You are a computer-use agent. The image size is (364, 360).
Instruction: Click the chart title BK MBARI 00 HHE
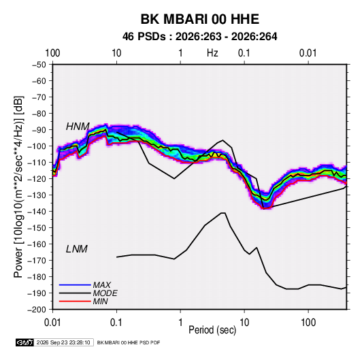(x=200, y=19)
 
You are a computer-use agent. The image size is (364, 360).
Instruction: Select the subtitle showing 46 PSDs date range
(x=199, y=37)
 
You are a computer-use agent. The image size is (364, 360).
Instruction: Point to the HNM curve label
(x=78, y=127)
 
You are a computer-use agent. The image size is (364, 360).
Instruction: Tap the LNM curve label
(x=77, y=249)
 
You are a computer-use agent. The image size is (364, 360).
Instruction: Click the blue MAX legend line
(x=75, y=284)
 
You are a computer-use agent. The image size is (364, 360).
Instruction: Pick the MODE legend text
(x=105, y=293)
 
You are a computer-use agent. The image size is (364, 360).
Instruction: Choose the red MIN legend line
(x=75, y=301)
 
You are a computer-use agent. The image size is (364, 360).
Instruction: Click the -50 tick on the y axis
(x=39, y=65)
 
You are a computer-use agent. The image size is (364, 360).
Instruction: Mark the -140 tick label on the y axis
(x=37, y=212)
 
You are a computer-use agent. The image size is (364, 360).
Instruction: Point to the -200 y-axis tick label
(x=37, y=310)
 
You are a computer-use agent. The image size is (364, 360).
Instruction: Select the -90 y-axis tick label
(x=39, y=129)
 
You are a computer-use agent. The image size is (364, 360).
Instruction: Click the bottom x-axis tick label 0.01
(x=52, y=323)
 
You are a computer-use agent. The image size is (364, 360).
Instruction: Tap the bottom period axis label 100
(x=308, y=323)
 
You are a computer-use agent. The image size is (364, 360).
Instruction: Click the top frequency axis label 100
(x=52, y=53)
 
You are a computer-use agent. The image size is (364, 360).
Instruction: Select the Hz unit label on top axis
(x=212, y=53)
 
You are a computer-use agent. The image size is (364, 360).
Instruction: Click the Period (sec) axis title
(x=212, y=330)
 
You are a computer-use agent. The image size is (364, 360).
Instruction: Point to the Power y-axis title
(x=18, y=187)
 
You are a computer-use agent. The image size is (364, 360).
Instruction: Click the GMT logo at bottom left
(x=24, y=342)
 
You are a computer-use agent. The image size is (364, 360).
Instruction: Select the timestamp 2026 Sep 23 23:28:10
(x=63, y=342)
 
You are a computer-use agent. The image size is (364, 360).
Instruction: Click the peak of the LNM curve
(x=223, y=213)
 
